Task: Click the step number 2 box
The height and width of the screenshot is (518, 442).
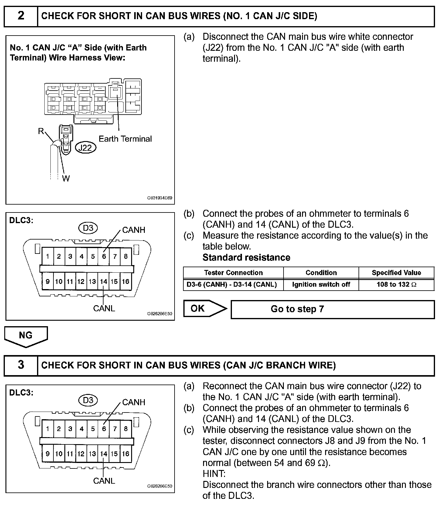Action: click(21, 16)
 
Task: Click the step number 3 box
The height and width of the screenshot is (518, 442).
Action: click(21, 365)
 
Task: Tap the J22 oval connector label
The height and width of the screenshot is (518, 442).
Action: click(85, 148)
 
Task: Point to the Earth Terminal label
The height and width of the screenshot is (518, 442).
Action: click(125, 139)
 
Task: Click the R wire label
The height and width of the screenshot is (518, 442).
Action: click(41, 131)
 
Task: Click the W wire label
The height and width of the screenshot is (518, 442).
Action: click(66, 179)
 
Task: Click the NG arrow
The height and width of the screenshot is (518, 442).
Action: click(26, 336)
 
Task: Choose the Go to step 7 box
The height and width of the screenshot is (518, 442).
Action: click(332, 309)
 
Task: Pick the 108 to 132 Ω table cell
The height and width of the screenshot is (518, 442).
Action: click(396, 285)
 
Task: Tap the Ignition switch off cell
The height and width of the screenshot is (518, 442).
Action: click(321, 285)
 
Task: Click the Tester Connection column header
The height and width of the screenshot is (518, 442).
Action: click(233, 273)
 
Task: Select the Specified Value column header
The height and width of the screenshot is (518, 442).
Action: click(396, 273)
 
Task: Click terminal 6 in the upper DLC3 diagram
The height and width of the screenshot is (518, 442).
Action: click(104, 256)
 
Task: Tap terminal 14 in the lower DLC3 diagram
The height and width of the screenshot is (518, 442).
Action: click(104, 454)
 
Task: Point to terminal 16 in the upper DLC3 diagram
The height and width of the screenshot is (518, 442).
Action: click(126, 281)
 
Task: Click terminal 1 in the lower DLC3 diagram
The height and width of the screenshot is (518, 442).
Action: click(48, 429)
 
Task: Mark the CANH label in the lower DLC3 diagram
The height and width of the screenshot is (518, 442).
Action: click(134, 402)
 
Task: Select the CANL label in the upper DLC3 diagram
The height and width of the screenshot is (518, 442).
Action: click(104, 309)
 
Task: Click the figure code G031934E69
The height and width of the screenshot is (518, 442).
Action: click(159, 198)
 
